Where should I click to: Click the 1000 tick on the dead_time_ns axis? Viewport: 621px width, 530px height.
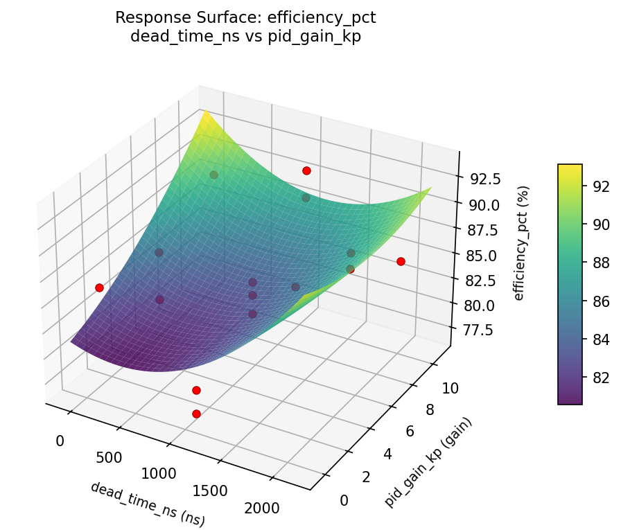click(x=159, y=474)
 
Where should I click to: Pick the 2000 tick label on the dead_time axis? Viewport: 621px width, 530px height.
click(x=261, y=508)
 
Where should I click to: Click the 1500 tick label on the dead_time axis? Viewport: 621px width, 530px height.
click(x=209, y=491)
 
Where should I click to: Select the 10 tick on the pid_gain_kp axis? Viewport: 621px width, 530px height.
click(x=450, y=388)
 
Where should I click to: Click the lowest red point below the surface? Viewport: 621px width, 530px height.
click(x=196, y=414)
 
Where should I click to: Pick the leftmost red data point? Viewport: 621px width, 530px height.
click(x=99, y=288)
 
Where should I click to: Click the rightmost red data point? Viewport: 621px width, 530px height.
click(x=401, y=261)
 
